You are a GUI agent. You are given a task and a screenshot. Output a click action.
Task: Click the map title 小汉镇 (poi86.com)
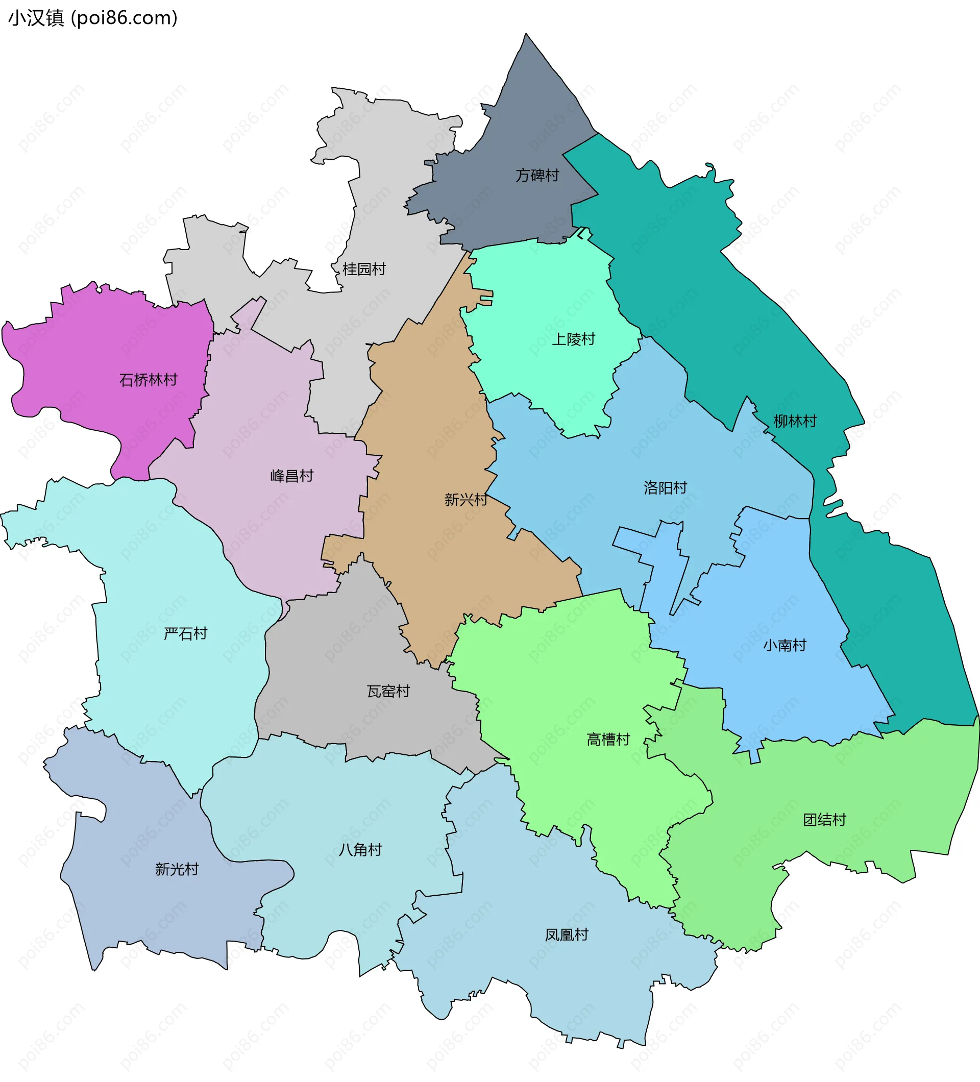[92, 18]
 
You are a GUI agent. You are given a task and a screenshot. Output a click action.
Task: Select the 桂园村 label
[364, 269]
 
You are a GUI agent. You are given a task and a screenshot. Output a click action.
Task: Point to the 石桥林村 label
[148, 380]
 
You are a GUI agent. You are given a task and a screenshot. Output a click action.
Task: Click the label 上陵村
[573, 339]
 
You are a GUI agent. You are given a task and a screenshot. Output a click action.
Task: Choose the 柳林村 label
[795, 421]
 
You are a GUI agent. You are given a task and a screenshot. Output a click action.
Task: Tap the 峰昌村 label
[291, 476]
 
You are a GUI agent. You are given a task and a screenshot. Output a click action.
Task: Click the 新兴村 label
[465, 500]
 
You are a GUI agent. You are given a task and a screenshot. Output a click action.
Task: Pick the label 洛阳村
[665, 488]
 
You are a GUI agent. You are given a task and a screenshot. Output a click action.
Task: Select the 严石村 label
[185, 634]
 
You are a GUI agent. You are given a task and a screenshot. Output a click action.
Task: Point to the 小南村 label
[785, 645]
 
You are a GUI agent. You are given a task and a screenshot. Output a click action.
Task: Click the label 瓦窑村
[388, 691]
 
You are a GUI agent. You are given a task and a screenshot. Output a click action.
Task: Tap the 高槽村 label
[607, 740]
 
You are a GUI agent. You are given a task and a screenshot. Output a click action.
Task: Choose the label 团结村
[824, 820]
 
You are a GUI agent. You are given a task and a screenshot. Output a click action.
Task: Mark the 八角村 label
[360, 850]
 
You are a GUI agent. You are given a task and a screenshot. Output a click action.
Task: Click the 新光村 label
[177, 869]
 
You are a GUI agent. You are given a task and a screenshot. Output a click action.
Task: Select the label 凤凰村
[566, 935]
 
